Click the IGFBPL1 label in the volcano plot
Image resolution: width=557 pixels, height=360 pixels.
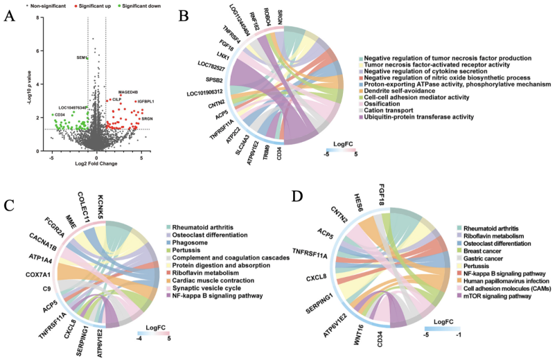[x=146, y=102]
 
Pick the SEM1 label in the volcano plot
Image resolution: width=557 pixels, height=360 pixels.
[x=81, y=58]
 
